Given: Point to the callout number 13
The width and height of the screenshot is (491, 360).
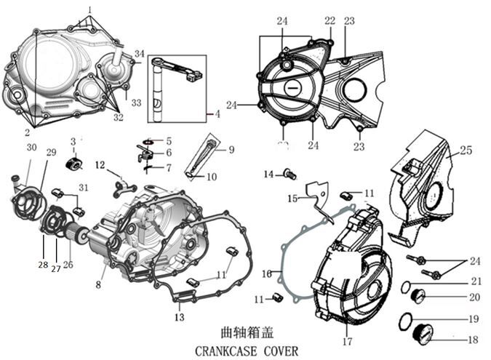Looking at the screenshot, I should pos(180,318).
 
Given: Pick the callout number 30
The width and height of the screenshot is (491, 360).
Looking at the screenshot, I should pos(31,148).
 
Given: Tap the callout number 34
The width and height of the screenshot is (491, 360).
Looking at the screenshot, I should pos(140,53).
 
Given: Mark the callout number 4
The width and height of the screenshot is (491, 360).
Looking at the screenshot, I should pos(217,115).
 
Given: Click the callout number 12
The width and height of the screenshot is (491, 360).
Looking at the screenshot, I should pos(100,164).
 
